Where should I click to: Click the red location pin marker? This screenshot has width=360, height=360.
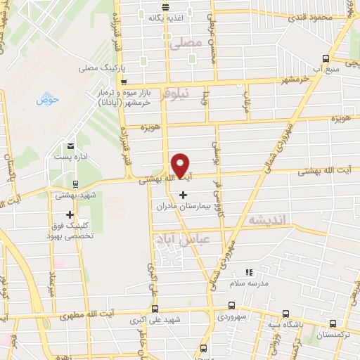(x=181, y=165)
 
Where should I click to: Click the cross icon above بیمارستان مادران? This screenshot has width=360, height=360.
(x=184, y=195)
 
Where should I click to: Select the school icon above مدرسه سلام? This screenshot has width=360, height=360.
(x=247, y=272)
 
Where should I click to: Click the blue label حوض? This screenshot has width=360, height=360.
(x=47, y=100)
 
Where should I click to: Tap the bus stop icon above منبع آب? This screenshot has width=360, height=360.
(x=325, y=58)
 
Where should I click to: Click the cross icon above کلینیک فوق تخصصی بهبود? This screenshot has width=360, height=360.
(x=70, y=214)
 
